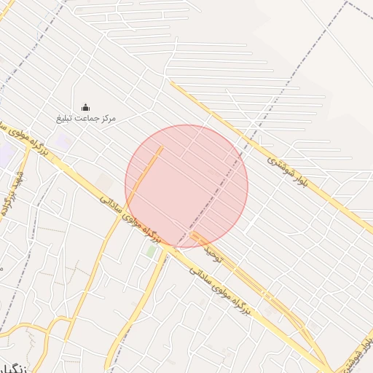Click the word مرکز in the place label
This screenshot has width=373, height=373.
(x=106, y=118)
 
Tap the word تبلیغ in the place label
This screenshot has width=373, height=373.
(x=66, y=118)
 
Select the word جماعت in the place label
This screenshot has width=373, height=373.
(x=86, y=118)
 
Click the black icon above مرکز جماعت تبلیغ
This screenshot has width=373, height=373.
(x=86, y=107)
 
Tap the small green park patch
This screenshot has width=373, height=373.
(x=152, y=251)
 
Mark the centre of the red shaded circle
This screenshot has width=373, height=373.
(x=186, y=186)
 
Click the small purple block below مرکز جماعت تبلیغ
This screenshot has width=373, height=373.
(x=63, y=141)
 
